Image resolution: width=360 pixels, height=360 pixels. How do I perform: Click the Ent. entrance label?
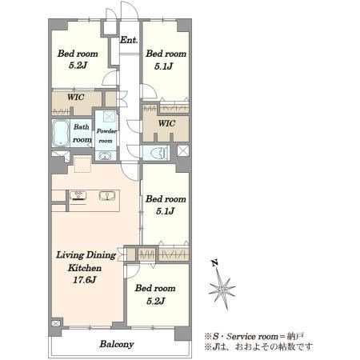point(129,40)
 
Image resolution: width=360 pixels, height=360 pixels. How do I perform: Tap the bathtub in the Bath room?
point(61,134)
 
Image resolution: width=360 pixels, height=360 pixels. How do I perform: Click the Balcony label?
point(117,344)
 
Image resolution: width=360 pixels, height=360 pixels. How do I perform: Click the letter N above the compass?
point(215,263)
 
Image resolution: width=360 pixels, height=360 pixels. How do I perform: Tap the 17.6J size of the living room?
point(84,280)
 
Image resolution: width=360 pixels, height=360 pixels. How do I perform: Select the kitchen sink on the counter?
point(107,196)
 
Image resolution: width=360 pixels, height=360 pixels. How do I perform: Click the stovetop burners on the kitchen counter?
point(78,195)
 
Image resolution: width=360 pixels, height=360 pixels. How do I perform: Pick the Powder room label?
point(106,135)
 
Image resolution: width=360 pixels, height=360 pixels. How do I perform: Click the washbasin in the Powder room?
point(105,155)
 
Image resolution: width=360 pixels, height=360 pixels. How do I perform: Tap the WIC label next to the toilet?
point(166,123)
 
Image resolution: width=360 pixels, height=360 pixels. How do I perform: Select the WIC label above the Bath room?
point(76,97)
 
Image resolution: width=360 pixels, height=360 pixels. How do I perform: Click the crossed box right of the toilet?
point(183,150)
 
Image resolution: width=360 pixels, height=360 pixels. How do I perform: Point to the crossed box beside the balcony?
point(56,323)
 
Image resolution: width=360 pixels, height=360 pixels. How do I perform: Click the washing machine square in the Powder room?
point(110,117)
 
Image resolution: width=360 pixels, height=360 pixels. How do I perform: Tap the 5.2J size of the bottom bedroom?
point(156,301)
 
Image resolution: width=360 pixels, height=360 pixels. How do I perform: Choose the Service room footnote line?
point(254,336)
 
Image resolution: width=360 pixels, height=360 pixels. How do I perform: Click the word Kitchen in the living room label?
point(85,267)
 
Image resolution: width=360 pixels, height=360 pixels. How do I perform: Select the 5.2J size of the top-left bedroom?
point(78,65)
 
